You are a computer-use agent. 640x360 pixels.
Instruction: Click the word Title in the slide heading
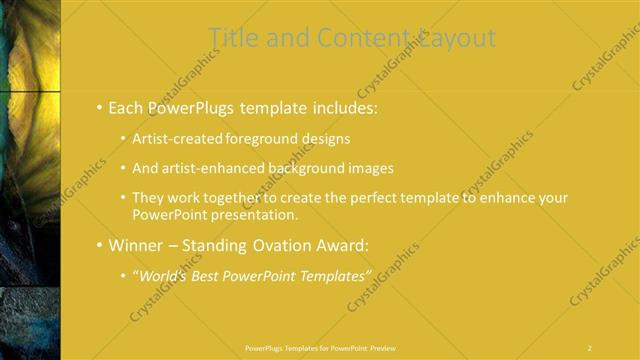231,38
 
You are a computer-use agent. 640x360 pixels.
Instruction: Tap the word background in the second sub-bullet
300,168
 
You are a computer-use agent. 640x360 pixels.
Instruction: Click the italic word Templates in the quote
335,275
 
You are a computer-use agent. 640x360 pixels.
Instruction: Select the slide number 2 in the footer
590,347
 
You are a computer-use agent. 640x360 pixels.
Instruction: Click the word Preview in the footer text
383,347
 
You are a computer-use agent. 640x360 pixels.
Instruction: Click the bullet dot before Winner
98,245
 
